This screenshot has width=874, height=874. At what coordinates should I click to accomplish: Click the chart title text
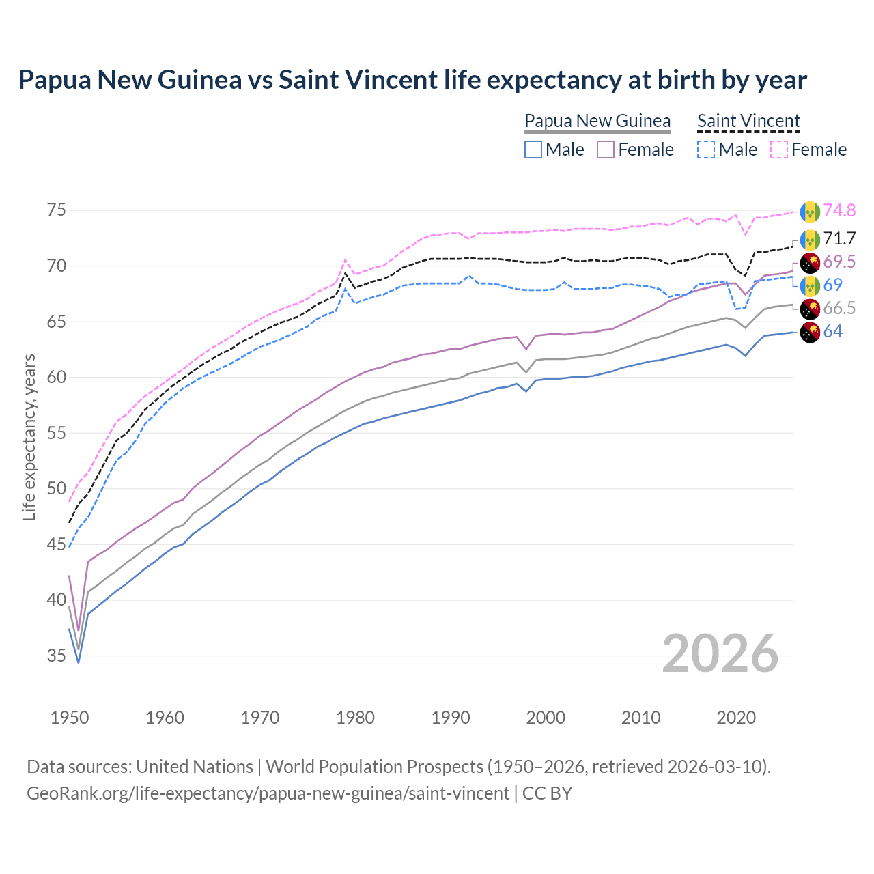[x=412, y=80]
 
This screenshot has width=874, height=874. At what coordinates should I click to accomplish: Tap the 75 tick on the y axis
[x=57, y=210]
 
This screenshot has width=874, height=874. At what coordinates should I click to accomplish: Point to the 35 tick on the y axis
[x=57, y=655]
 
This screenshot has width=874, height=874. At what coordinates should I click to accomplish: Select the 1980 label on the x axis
[x=355, y=718]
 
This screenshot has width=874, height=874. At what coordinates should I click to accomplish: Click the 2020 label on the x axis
[x=736, y=718]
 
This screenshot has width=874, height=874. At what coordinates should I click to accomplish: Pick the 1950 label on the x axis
[x=70, y=718]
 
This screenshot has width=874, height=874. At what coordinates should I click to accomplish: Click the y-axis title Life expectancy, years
[x=29, y=437]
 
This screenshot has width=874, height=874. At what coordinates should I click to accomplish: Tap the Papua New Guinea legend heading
[x=597, y=121]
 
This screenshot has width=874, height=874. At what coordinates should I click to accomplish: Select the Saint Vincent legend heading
[x=748, y=121]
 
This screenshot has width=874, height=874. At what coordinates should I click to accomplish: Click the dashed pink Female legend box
[x=778, y=150]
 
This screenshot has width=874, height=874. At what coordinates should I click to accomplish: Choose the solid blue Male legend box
[x=533, y=150]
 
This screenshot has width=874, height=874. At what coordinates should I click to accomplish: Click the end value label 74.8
[x=839, y=210]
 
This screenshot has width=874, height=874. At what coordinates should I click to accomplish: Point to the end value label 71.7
[x=839, y=238]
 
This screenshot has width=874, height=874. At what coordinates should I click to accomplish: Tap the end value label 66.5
[x=839, y=308]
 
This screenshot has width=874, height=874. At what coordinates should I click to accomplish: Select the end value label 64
[x=833, y=332]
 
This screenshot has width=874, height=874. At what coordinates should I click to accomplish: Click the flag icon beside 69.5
[x=810, y=262]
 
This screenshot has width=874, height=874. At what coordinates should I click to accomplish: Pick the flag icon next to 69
[x=810, y=285]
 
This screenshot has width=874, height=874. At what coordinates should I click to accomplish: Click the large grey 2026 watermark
[x=720, y=653]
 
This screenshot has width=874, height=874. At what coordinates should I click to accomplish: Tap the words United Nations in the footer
[x=195, y=767]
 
